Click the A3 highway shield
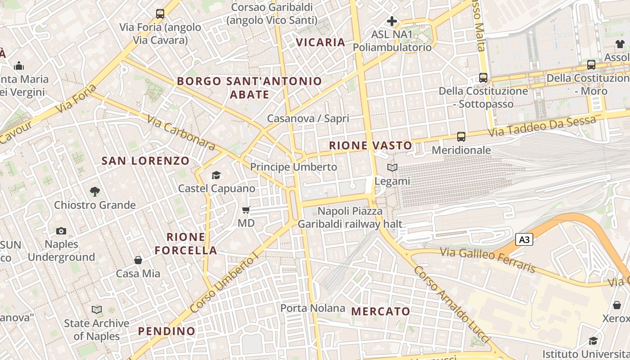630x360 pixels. (x=524, y=239)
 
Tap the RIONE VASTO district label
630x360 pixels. (x=370, y=145)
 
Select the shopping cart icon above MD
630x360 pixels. (x=246, y=210)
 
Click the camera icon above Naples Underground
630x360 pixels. (x=61, y=231)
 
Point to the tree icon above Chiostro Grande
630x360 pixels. (x=94, y=192)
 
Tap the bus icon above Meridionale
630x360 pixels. (x=461, y=136)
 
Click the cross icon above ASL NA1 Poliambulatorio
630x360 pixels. (x=392, y=21)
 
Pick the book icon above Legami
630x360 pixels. (x=392, y=168)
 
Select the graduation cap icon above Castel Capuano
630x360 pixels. (x=216, y=175)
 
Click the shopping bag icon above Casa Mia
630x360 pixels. (x=138, y=260)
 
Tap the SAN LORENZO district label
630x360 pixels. (x=145, y=161)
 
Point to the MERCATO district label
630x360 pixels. (x=381, y=311)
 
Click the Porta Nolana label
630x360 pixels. (x=313, y=308)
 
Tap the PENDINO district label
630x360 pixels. (x=166, y=331)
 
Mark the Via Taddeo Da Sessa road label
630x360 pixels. (x=542, y=126)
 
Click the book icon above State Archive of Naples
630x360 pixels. (x=97, y=310)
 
